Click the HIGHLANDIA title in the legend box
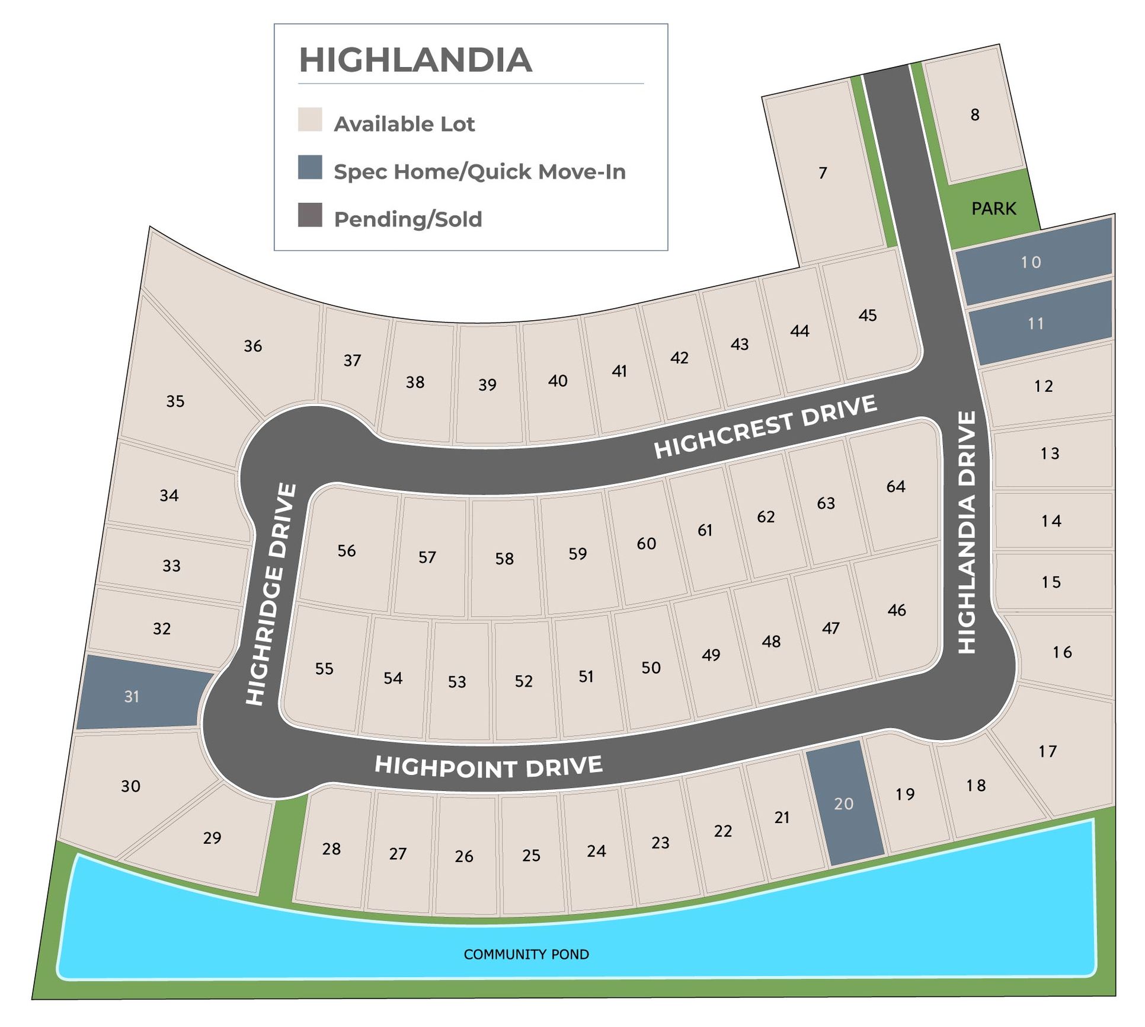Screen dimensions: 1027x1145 tap(415, 60)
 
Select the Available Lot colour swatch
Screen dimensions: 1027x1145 tap(310, 119)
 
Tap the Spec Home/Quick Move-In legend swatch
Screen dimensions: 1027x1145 tap(310, 167)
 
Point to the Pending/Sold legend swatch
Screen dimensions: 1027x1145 tap(310, 215)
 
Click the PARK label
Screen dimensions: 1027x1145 tap(993, 209)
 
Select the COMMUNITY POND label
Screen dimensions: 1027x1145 tap(526, 954)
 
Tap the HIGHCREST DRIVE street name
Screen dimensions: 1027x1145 tap(765, 426)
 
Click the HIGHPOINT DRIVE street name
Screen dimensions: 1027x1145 tap(488, 767)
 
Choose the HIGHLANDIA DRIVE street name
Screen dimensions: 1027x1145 tap(967, 532)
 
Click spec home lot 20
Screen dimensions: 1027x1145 tap(844, 803)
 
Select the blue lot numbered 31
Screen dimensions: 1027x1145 tap(132, 696)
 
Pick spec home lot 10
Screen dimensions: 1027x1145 tap(1031, 262)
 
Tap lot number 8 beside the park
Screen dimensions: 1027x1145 tap(975, 114)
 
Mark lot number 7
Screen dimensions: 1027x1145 tap(823, 173)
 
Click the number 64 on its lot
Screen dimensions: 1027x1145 tap(895, 487)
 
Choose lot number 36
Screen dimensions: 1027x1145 tap(253, 346)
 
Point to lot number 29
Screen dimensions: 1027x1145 tap(212, 838)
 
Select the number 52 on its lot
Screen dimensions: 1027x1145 tap(523, 681)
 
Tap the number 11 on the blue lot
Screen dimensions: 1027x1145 tap(1035, 324)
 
